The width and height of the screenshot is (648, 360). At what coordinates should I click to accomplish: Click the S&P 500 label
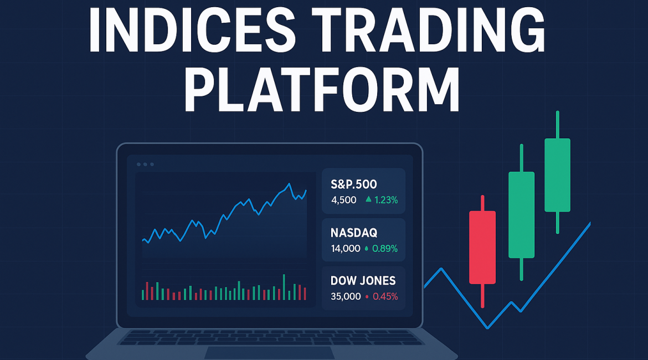354,184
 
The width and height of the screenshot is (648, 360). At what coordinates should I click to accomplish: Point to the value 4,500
344,200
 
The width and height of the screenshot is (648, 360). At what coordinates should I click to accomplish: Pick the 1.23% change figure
386,200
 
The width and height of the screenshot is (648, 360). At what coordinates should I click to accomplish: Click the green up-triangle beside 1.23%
368,199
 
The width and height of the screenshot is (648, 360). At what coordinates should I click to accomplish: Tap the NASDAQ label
354,233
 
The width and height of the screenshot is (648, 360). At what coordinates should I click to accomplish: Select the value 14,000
346,249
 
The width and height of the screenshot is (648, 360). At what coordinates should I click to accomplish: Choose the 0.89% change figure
385,249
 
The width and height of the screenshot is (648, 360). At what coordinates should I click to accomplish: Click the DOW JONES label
363,281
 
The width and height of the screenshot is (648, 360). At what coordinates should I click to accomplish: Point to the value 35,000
346,296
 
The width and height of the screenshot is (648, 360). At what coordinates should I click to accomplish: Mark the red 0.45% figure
385,296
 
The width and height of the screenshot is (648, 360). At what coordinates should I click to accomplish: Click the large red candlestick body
482,248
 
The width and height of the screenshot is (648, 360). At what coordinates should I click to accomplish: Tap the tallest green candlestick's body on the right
558,175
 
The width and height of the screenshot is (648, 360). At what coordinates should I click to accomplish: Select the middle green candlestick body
522,215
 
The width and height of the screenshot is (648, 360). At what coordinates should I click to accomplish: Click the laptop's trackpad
270,353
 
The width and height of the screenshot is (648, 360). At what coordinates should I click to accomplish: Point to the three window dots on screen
146,164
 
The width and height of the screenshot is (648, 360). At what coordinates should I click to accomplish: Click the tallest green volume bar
284,287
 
